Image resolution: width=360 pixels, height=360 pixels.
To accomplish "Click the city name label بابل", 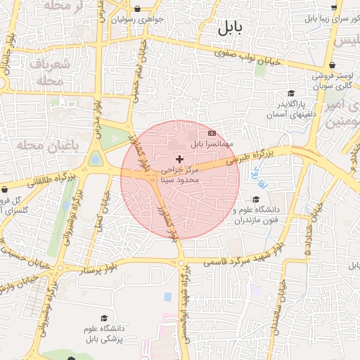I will pyautogui.click(x=229, y=28).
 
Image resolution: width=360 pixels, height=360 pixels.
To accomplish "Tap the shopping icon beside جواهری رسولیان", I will pyautogui.click(x=136, y=10).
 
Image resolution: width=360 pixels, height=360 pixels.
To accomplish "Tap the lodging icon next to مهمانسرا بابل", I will pyautogui.click(x=212, y=133).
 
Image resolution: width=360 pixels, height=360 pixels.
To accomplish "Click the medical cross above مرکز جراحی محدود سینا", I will pyautogui.click(x=179, y=160).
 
